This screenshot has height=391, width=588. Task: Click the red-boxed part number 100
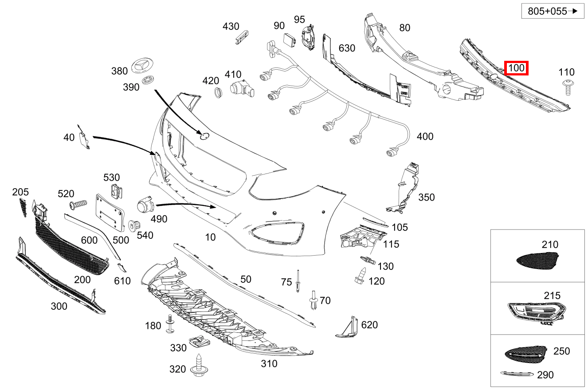(517, 68)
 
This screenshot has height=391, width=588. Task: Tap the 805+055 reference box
(552, 11)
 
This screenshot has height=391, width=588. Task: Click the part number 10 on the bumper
(211, 237)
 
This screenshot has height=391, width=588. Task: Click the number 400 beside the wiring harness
(425, 136)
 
